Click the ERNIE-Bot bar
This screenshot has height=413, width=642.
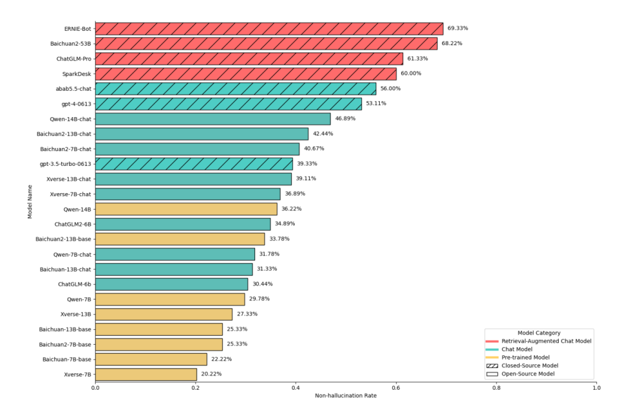click(269, 29)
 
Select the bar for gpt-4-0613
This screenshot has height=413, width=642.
click(228, 104)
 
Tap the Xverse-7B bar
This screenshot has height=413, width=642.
click(146, 374)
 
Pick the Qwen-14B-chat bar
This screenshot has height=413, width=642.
click(213, 119)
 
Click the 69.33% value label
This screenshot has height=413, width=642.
click(457, 29)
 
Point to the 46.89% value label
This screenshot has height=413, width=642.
click(345, 119)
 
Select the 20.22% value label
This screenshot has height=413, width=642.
click(211, 374)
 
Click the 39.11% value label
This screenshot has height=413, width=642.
click(306, 178)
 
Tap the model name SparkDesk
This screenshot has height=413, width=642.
click(77, 74)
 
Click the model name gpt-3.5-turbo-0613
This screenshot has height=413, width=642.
click(65, 164)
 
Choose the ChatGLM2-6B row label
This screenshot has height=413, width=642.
click(73, 224)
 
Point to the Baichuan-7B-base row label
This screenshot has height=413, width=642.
click(67, 360)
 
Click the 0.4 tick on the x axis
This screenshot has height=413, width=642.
click(295, 388)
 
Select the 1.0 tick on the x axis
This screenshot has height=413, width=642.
click(597, 388)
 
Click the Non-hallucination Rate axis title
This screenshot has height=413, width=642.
click(345, 396)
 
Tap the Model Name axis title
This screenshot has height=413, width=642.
click(30, 202)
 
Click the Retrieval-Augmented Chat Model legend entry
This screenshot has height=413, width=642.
click(539, 341)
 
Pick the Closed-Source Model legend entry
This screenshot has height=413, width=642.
click(522, 365)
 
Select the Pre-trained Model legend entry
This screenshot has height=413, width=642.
click(518, 357)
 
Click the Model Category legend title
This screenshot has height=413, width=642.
click(539, 333)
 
